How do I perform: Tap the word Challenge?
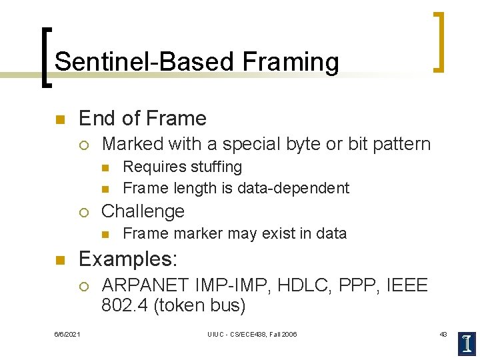point(143,211)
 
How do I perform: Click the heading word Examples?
point(126,259)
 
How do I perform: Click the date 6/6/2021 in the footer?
point(67,334)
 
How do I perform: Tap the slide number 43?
point(443,334)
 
